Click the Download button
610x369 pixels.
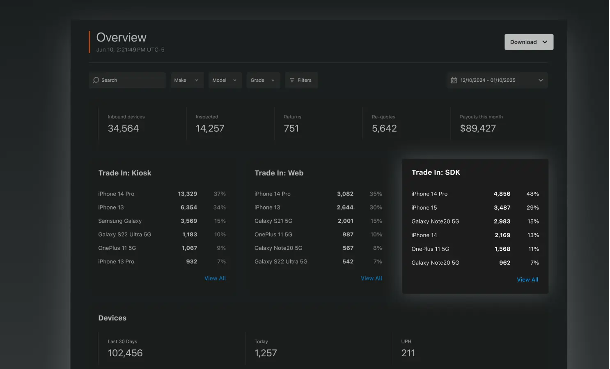528,42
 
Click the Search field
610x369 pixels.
127,80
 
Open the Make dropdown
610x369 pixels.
186,80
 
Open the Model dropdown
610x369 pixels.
225,80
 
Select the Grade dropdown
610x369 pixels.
263,80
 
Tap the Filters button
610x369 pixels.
301,80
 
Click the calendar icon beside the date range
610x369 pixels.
454,80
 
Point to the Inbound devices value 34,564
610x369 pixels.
123,129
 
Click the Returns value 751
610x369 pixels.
291,129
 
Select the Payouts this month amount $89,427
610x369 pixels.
478,129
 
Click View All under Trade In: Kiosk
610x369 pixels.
215,278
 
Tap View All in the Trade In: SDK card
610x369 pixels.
527,279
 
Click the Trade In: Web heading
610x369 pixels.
279,173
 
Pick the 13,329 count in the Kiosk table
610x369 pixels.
187,194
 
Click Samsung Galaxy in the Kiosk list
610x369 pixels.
120,221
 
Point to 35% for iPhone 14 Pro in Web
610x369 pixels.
376,194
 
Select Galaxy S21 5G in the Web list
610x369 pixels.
273,221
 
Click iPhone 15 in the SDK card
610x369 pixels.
424,208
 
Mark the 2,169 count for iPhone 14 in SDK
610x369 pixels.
502,235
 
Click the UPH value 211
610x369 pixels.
408,353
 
